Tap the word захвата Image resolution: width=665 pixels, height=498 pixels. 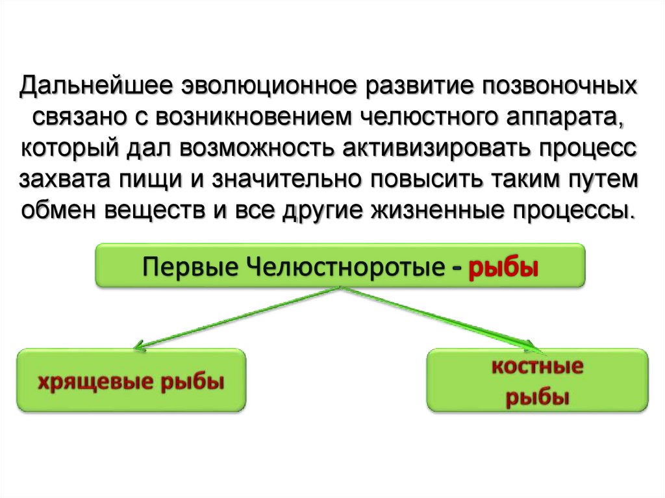click(x=67, y=180)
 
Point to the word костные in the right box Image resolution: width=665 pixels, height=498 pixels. click(x=537, y=367)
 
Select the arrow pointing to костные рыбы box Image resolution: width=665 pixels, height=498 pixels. click(x=442, y=317)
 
